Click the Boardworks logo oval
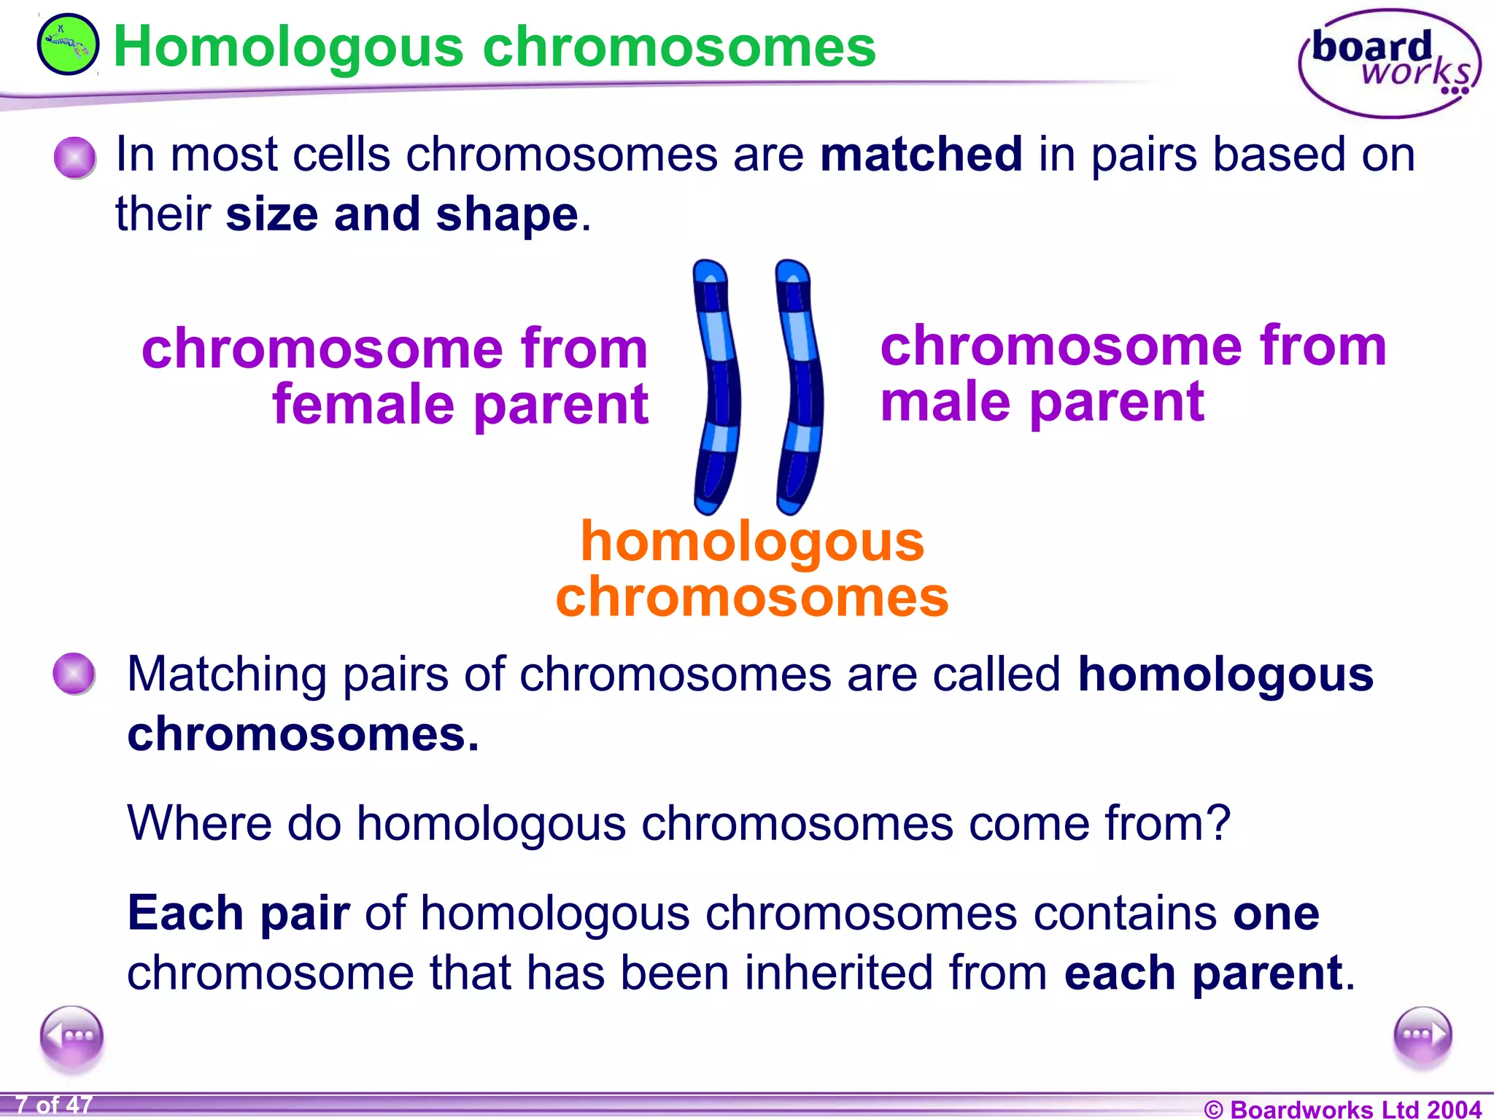[1389, 63]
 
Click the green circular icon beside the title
[68, 44]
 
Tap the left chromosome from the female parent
[716, 386]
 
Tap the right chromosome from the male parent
[800, 386]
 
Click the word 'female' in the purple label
[363, 405]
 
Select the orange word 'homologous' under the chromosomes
[752, 542]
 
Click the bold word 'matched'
[921, 155]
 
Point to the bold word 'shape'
[507, 215]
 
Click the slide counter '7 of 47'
[54, 1105]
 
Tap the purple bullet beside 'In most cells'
[74, 157]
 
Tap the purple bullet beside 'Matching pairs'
[74, 673]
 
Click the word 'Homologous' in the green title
[288, 47]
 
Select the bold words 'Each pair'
[239, 913]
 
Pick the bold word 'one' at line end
[1276, 913]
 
